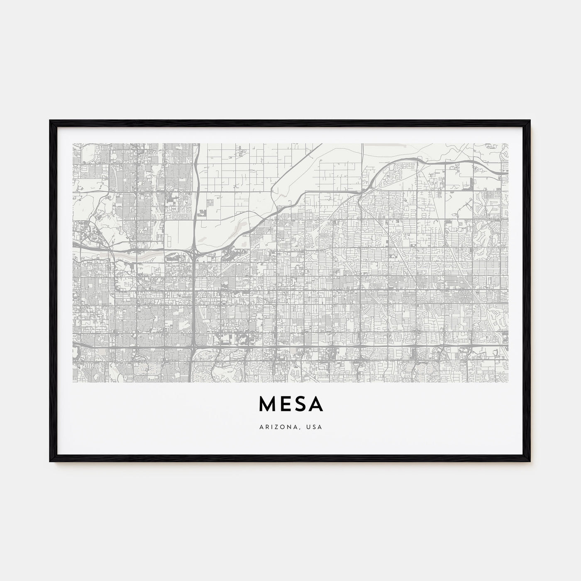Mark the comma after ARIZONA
tap(304, 427)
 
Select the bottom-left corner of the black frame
tap(50, 462)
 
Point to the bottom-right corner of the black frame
tap(530, 462)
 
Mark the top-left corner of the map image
tap(73, 144)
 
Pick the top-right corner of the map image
tap(508, 144)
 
